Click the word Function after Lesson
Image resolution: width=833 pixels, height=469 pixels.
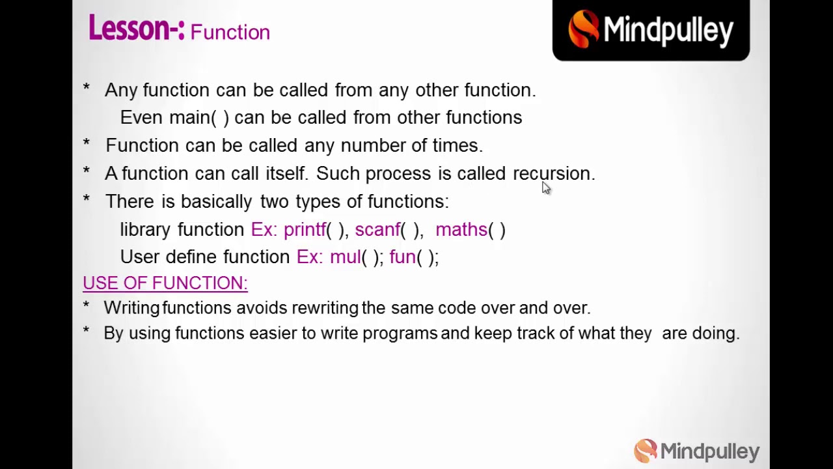tap(230, 33)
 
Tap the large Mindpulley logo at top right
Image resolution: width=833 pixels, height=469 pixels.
tap(651, 30)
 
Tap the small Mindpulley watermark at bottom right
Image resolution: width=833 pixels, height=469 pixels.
tap(696, 451)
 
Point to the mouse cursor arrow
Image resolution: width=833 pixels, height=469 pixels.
tap(545, 188)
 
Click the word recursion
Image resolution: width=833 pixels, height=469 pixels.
tap(553, 174)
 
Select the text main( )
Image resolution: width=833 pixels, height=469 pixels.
tap(198, 118)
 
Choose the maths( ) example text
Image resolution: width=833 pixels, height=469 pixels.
tap(470, 230)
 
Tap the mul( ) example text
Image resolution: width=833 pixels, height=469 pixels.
tap(356, 257)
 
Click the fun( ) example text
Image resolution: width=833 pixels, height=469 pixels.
tap(413, 257)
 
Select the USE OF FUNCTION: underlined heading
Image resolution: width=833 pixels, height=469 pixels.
tap(165, 283)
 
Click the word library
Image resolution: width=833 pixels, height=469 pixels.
tap(146, 230)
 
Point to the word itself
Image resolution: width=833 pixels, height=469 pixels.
tap(285, 174)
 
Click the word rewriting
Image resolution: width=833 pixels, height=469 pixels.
tap(325, 308)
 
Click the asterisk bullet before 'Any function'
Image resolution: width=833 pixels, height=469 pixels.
tap(86, 89)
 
